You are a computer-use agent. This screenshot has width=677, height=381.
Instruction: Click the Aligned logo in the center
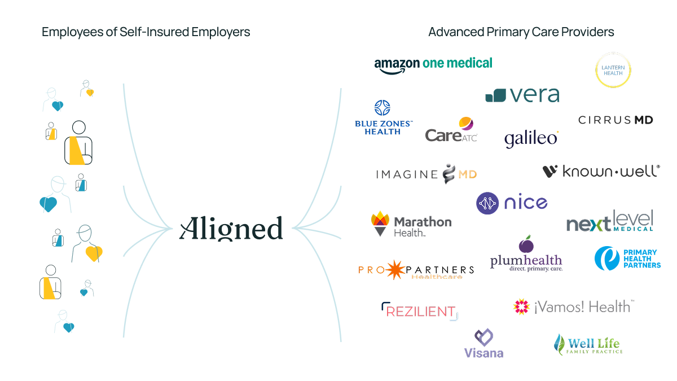231,229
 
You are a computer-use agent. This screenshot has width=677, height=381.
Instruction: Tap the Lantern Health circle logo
613,70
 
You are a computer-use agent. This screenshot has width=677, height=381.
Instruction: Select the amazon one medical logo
433,64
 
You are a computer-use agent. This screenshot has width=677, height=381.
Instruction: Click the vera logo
522,95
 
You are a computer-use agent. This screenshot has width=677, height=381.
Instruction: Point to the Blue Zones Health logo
384,117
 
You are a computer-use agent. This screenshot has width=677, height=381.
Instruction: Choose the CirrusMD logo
616,120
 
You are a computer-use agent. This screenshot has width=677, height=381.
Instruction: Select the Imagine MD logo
427,173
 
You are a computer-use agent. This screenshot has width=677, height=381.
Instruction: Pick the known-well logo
599,171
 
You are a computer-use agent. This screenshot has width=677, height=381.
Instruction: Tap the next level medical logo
610,221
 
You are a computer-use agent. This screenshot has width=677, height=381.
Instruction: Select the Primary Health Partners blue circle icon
607,258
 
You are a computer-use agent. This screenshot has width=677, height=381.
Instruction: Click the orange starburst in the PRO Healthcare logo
395,270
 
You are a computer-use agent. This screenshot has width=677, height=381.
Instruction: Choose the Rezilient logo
420,311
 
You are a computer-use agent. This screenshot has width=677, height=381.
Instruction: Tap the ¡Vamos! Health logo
574,306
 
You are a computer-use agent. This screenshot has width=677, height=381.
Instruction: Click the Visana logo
483,344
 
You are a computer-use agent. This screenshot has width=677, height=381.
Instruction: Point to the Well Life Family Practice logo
588,345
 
